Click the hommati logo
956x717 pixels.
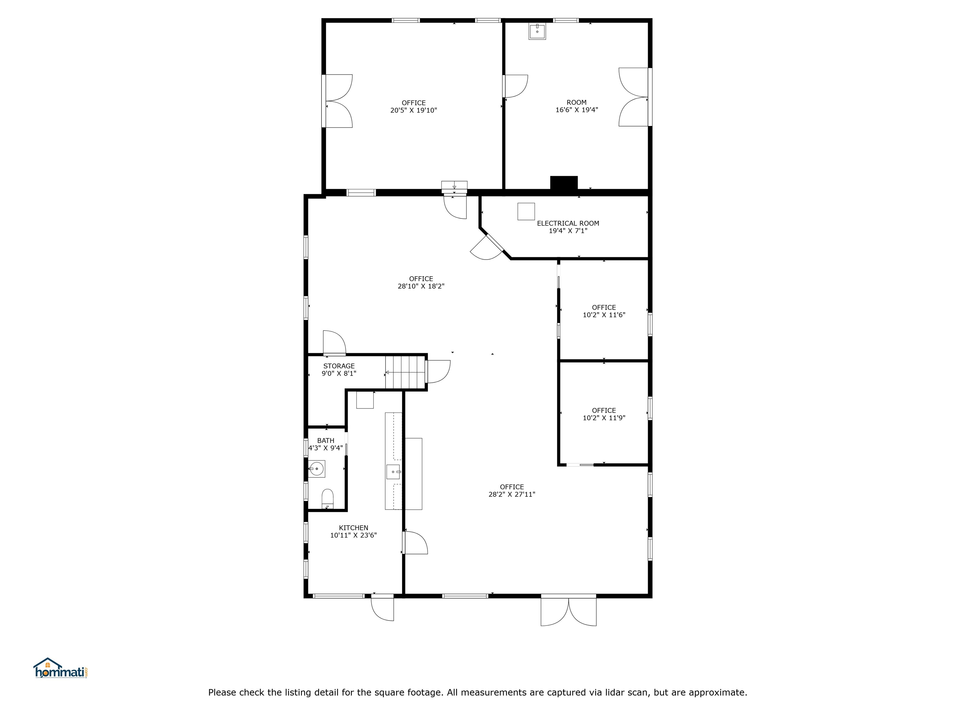pyautogui.click(x=61, y=668)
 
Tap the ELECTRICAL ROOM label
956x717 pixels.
pyautogui.click(x=568, y=223)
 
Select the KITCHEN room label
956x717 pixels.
pyautogui.click(x=354, y=528)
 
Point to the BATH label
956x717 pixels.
pyautogui.click(x=326, y=440)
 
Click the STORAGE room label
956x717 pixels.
pyautogui.click(x=339, y=366)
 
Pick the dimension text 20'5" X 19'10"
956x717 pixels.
pyautogui.click(x=414, y=110)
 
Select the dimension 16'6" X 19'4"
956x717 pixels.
pyautogui.click(x=577, y=110)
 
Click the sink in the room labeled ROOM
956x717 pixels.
pyautogui.click(x=537, y=31)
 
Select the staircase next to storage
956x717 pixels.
pyautogui.click(x=405, y=372)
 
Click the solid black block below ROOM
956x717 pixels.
pyautogui.click(x=564, y=183)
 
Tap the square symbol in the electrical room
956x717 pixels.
pyautogui.click(x=526, y=211)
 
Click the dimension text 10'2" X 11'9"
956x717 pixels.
pyautogui.click(x=604, y=418)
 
